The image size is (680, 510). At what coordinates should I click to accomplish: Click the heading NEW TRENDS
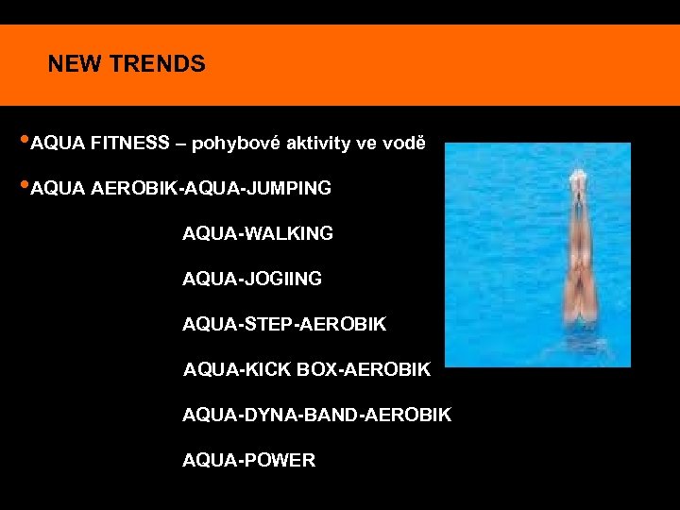coord(127,64)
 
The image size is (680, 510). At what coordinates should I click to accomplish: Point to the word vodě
coord(404,144)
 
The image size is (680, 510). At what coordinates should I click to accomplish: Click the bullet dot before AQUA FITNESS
coord(25,143)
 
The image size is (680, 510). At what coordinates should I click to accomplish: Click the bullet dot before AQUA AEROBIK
coord(25,187)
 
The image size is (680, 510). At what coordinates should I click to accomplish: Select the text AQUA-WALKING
coord(258,233)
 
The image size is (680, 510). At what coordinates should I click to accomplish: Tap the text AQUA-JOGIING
coord(252,279)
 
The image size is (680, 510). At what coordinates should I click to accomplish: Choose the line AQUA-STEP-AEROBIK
coord(284,324)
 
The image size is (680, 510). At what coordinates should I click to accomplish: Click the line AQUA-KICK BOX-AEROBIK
coord(307,369)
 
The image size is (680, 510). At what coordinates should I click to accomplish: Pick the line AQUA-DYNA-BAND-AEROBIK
coord(316,415)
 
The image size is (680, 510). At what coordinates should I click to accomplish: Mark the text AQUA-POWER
coord(248,460)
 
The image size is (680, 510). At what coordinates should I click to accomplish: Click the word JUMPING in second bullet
coord(290,189)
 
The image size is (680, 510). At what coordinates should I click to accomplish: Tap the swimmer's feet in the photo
coord(577,178)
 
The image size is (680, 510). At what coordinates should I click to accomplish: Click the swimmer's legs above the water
coord(577,255)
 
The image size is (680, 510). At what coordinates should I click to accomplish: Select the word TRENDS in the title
coord(157,64)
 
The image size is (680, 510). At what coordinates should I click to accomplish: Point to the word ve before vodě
coord(366,144)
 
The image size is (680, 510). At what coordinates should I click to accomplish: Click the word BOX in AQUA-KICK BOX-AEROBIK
coord(317,369)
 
